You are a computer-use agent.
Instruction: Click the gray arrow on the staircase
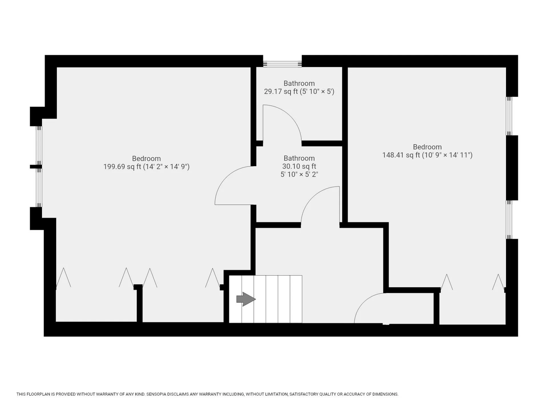point(246,299)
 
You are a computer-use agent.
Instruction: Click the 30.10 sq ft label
point(299,166)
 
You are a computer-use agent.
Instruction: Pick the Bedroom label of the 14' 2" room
point(146,158)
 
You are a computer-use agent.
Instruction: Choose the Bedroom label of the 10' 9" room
point(427,147)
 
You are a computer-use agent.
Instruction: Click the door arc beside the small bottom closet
point(362,302)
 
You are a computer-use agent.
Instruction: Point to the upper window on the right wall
point(509,116)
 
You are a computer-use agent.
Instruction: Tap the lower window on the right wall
point(509,219)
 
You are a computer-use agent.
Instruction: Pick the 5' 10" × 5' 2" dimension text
point(299,174)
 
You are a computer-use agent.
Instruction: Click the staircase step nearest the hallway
point(296,299)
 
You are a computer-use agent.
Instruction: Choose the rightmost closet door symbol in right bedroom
point(498,282)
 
